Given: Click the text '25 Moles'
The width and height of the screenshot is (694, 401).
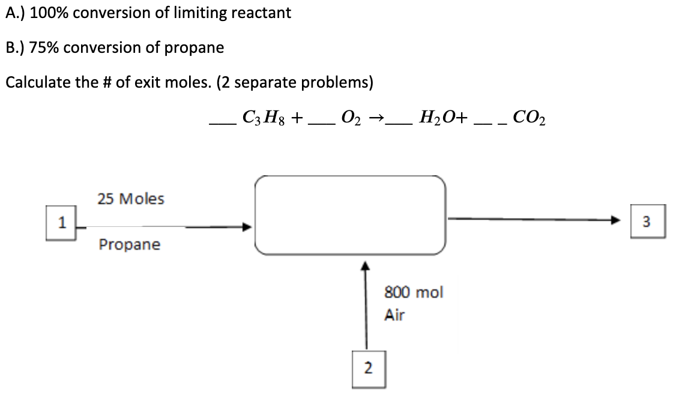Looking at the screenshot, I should coord(130,199).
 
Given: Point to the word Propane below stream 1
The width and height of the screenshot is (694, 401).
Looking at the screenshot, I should coord(130,245).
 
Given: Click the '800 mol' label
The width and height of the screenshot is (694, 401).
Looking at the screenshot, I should coord(413,292).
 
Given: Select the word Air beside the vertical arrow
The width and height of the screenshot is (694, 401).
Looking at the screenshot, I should coord(394,315).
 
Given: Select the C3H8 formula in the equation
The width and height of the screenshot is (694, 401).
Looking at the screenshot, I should coord(265,117).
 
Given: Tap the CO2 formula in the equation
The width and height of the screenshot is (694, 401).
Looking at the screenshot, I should coord(527,117).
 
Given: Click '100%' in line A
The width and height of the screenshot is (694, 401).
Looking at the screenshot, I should coord(45,13).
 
